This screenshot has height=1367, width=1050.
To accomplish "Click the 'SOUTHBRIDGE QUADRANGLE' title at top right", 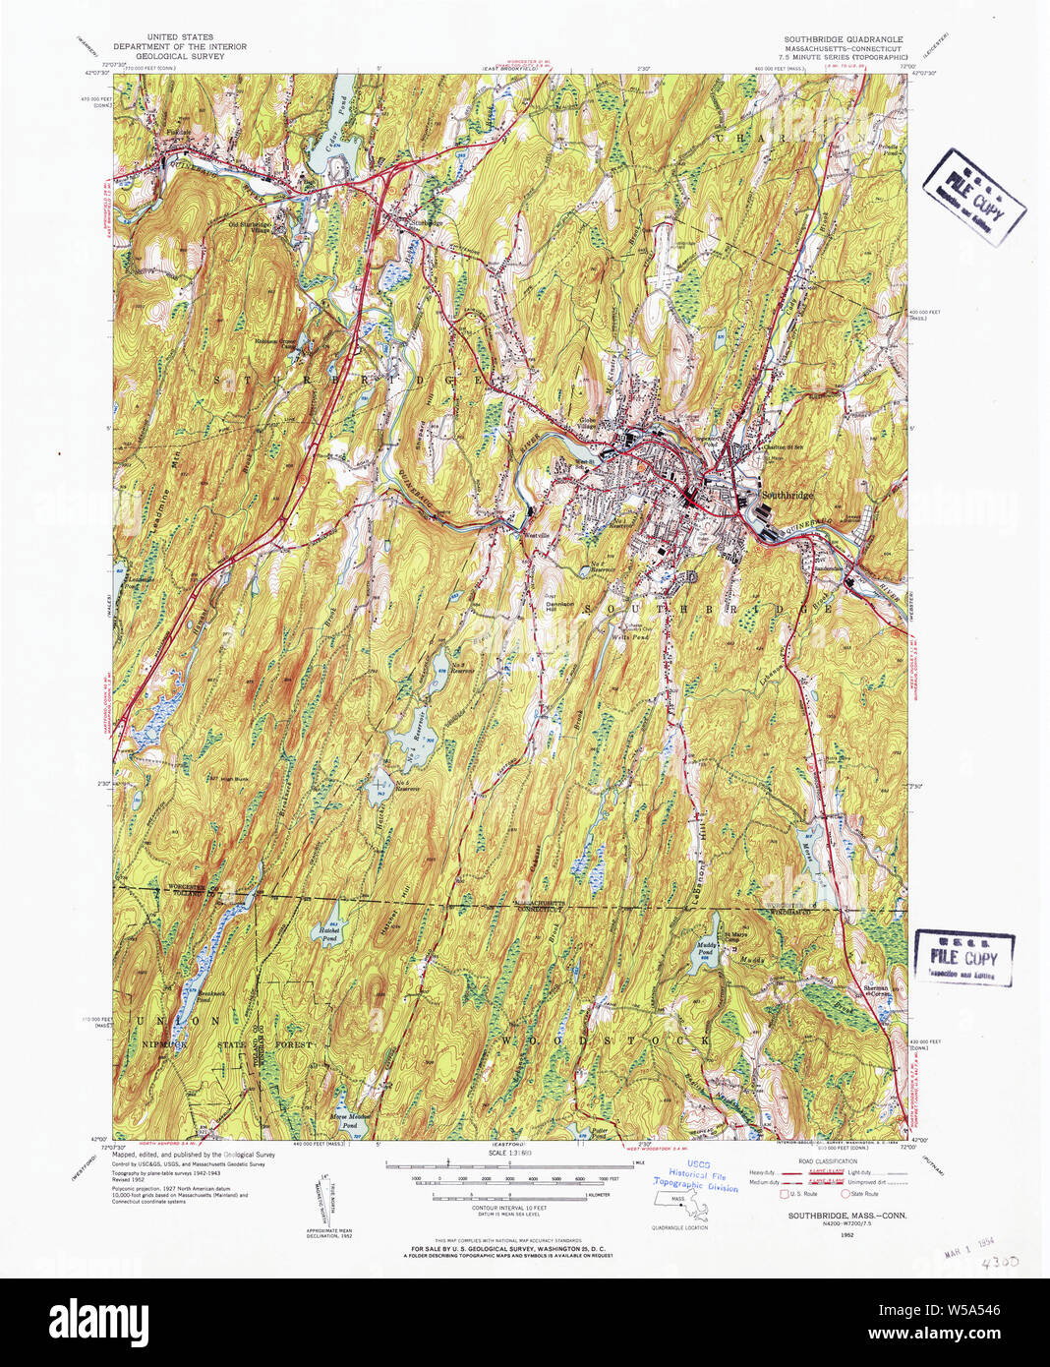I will tap(843, 39).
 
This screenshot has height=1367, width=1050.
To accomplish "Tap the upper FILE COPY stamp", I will tap(973, 198).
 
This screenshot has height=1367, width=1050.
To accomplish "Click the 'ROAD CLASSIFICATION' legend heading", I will tap(821, 1159).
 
